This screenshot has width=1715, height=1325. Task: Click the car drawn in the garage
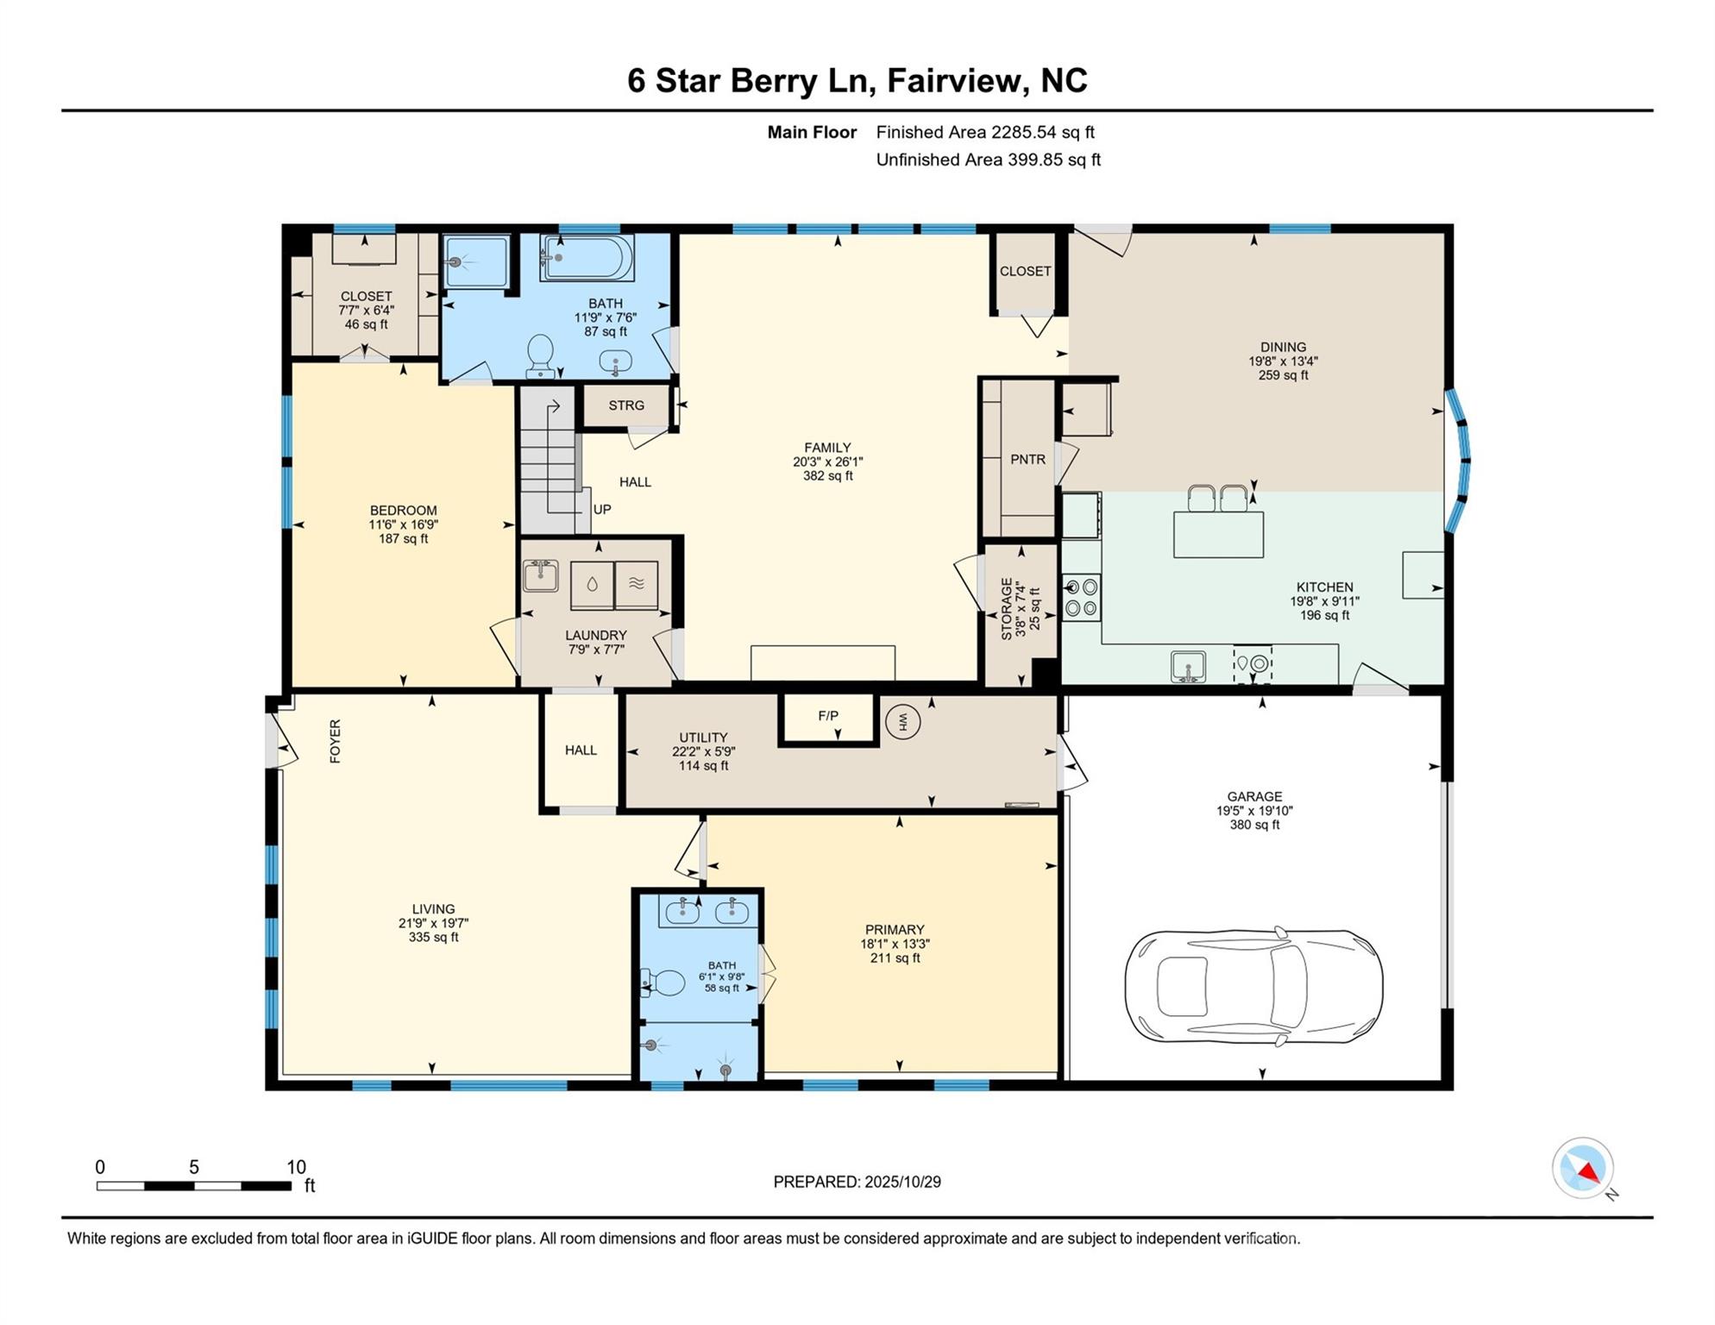pyautogui.click(x=1253, y=986)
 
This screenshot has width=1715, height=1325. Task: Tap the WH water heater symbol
pyautogui.click(x=903, y=721)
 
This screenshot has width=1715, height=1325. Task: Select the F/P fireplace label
pyautogui.click(x=828, y=715)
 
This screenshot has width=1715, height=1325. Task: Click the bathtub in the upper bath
pyautogui.click(x=587, y=257)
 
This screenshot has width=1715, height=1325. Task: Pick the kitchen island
pyautogui.click(x=1218, y=534)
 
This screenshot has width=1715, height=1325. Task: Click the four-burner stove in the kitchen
pyautogui.click(x=1081, y=598)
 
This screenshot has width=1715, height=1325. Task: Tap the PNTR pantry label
pyautogui.click(x=1027, y=460)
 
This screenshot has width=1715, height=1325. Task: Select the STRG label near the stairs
pyautogui.click(x=626, y=405)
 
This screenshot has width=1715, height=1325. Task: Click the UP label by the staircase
pyautogui.click(x=602, y=510)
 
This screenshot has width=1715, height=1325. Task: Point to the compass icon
pyautogui.click(x=1583, y=1168)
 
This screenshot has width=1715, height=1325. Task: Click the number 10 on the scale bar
pyautogui.click(x=296, y=1167)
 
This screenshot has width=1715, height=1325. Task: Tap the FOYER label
pyautogui.click(x=336, y=741)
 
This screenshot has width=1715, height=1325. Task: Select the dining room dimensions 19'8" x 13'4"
pyautogui.click(x=1283, y=361)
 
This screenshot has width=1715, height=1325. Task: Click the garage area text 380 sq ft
pyautogui.click(x=1254, y=825)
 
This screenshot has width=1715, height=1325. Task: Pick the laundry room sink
pyautogui.click(x=541, y=575)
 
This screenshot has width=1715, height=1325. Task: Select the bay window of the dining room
pyautogui.click(x=1458, y=461)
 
